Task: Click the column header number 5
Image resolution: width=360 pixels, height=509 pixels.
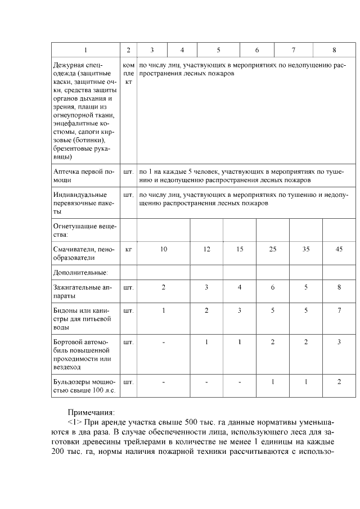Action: pyautogui.click(x=218, y=50)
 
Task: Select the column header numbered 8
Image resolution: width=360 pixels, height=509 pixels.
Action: pyautogui.click(x=334, y=50)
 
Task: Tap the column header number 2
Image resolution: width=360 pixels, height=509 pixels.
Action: pyautogui.click(x=128, y=50)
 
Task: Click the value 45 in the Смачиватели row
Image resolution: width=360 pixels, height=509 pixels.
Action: pyautogui.click(x=339, y=249)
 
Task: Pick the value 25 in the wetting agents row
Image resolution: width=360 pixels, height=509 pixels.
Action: pyautogui.click(x=273, y=249)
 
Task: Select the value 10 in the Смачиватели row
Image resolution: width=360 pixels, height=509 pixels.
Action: pyautogui.click(x=164, y=249)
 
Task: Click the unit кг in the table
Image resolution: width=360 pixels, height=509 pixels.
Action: pyautogui.click(x=128, y=249)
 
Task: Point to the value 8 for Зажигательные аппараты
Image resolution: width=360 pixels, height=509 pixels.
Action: pyautogui.click(x=339, y=287)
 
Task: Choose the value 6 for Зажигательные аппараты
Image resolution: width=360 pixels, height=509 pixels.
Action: pyautogui.click(x=273, y=287)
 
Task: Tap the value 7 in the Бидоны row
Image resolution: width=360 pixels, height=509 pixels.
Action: pyautogui.click(x=339, y=310)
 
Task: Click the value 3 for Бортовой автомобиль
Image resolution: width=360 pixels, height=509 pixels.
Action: pyautogui.click(x=339, y=341)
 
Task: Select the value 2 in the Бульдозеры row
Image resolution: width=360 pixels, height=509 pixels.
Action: pyautogui.click(x=339, y=382)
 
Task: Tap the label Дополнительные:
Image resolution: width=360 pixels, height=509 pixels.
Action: pyautogui.click(x=80, y=273)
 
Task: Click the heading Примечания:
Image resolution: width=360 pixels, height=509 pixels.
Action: pyautogui.click(x=91, y=412)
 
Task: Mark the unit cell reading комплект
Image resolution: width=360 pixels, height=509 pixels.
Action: pyautogui.click(x=128, y=74)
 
